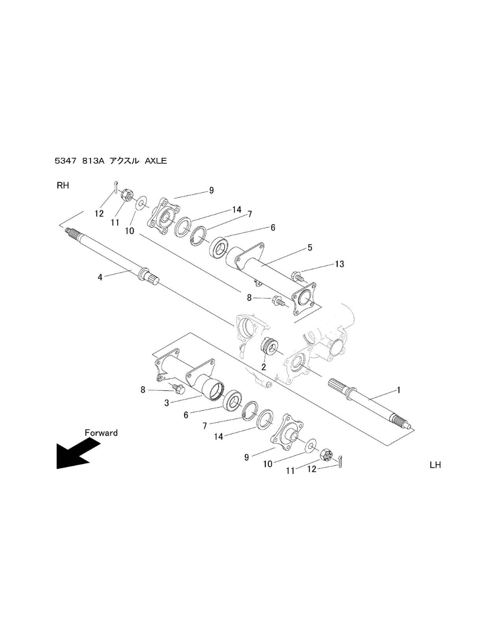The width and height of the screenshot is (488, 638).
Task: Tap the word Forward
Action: coord(101,433)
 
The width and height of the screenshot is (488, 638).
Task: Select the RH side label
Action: coord(63,186)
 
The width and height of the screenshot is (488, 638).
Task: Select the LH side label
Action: coord(435,465)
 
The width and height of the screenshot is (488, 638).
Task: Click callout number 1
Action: coord(399,390)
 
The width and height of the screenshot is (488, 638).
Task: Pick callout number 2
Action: coord(264,367)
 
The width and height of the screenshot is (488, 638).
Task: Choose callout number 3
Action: coord(167,403)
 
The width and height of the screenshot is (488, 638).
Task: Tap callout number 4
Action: coord(100,277)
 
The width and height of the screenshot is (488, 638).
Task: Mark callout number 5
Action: coord(310,248)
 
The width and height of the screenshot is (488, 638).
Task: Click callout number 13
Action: coord(339,264)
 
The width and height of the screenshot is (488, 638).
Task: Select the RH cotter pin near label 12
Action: coord(116,187)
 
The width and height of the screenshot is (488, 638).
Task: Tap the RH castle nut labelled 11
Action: coord(126,194)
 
